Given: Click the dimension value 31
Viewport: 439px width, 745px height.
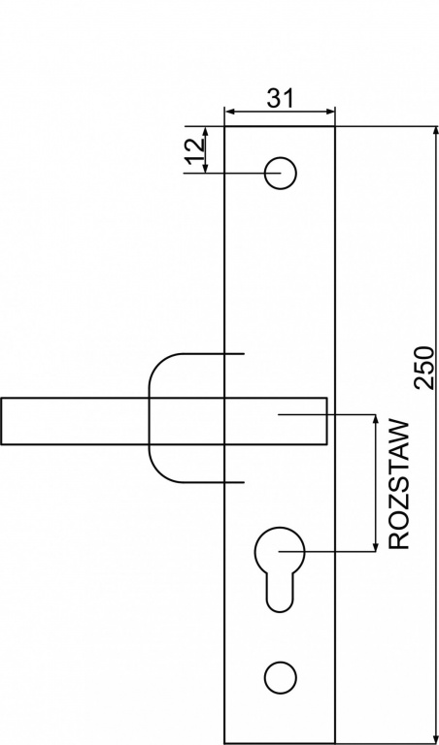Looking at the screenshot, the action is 281,98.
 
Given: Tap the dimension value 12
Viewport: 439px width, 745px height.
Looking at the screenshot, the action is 195,151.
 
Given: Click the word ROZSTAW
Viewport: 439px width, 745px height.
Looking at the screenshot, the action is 399,485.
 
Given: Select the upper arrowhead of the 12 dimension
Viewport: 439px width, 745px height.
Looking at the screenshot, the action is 206,132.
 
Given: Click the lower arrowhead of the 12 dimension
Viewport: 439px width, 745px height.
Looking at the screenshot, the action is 206,167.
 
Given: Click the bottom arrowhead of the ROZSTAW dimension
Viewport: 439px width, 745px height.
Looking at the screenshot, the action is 376,546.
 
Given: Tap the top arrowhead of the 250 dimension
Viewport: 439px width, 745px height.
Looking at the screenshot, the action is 435,133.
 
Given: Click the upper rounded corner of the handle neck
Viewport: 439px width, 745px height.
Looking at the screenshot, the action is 159,364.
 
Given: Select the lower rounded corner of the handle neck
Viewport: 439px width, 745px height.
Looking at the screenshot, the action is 159,472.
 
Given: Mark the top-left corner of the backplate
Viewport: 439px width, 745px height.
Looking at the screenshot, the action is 224,126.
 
